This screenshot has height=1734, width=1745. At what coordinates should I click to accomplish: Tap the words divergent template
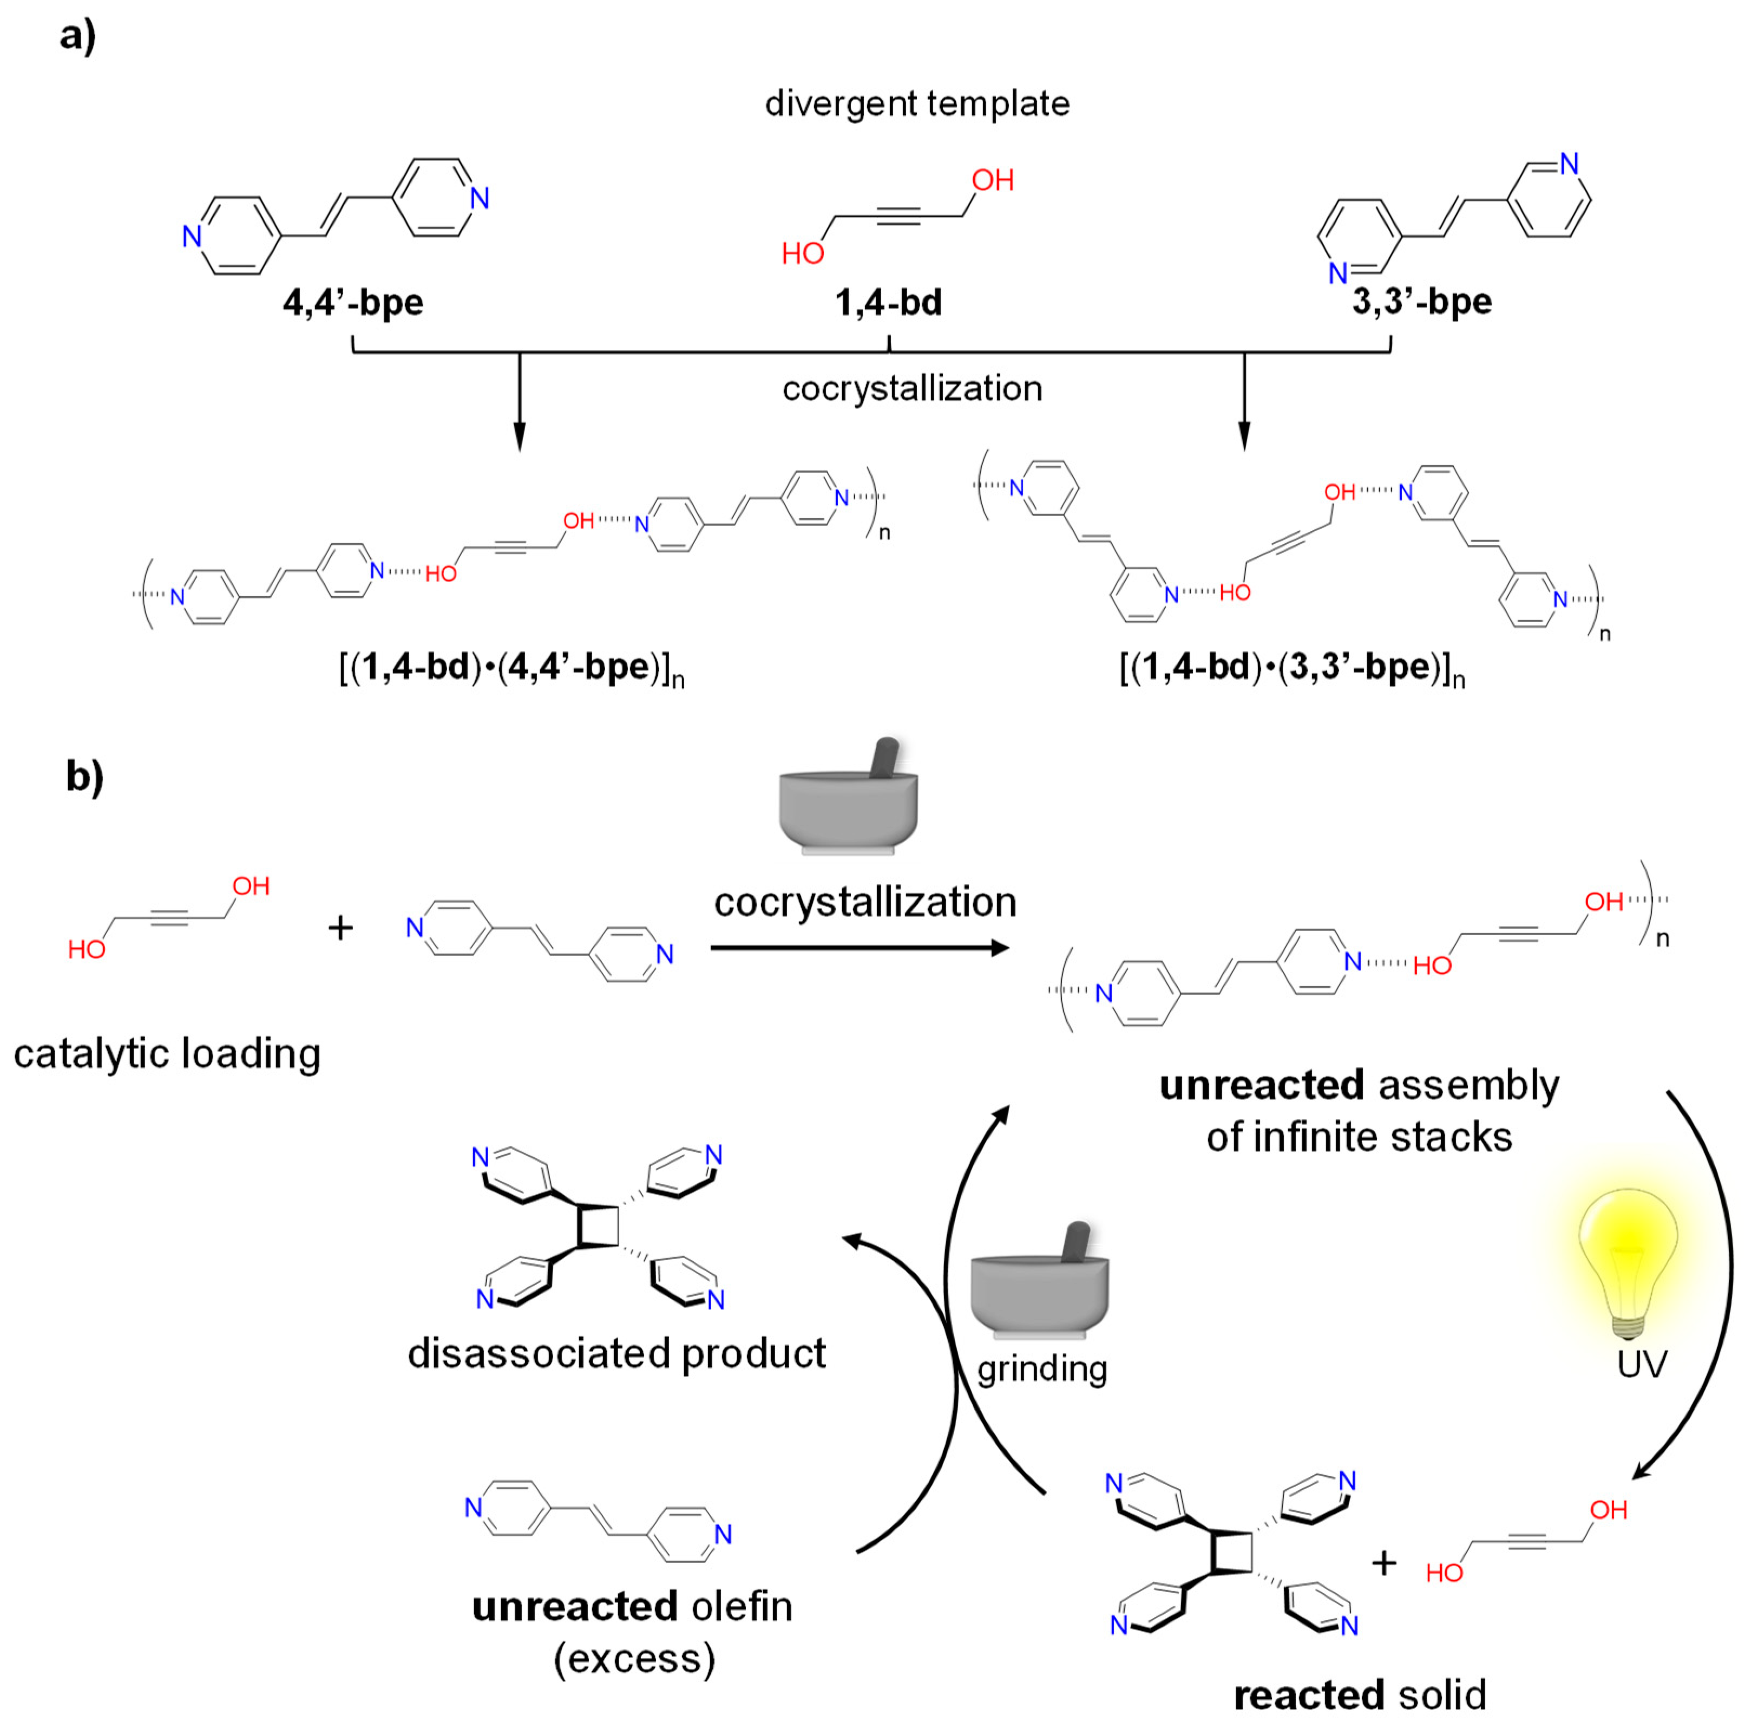coord(917,104)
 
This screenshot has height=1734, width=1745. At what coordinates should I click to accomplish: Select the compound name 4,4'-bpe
coord(353,302)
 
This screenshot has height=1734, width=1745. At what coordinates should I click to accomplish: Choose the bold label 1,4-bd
coord(888,302)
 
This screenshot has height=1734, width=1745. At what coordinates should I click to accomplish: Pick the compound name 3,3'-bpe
coord(1422,301)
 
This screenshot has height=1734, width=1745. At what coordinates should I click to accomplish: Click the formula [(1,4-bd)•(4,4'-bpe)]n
coord(511,669)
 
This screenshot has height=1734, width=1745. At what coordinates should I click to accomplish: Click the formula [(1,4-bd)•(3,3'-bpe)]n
coord(1291,669)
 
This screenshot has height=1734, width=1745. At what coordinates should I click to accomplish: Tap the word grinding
coord(1042,1369)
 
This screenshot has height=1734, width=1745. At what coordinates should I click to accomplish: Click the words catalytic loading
coord(167,1054)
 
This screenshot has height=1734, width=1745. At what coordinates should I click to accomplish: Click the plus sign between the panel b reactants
coord(340,927)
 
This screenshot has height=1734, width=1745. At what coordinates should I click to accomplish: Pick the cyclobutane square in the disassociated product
coord(598,1226)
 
